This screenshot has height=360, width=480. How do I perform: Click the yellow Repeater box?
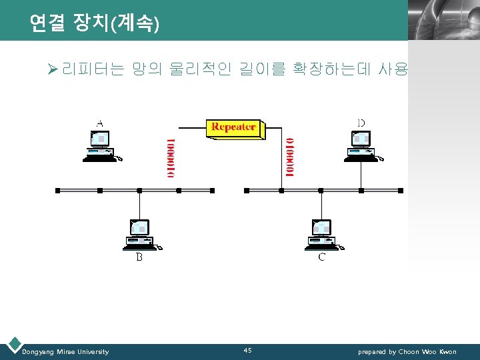[233, 128]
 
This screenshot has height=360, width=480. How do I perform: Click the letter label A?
[100, 123]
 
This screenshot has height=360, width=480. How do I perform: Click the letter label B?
[139, 257]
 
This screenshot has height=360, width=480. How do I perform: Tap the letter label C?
[321, 257]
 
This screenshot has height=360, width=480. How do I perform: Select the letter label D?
[361, 123]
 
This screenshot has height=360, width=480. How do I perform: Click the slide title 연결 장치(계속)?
[94, 24]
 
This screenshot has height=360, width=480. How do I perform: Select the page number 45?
[247, 350]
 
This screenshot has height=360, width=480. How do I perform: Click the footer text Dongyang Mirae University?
[65, 351]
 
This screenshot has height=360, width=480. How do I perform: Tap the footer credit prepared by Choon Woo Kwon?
[407, 351]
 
